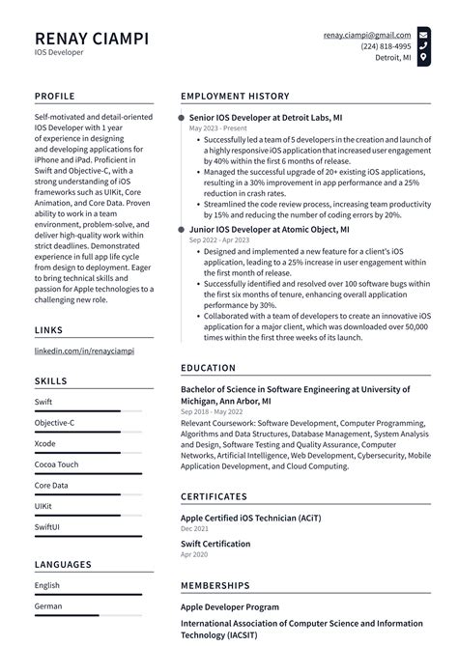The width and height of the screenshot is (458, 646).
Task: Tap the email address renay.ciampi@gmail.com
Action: pyautogui.click(x=367, y=35)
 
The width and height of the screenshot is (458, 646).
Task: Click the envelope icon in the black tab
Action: pyautogui.click(x=424, y=34)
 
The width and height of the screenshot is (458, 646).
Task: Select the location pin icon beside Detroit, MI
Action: pyautogui.click(x=424, y=58)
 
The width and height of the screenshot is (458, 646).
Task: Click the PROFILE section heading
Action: pyautogui.click(x=55, y=97)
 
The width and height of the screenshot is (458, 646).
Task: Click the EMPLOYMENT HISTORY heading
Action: pyautogui.click(x=235, y=97)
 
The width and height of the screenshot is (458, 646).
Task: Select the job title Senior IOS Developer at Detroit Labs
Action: pyautogui.click(x=266, y=117)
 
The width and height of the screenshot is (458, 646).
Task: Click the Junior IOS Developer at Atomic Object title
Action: pyautogui.click(x=270, y=230)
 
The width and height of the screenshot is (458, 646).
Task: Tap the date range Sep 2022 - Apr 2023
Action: pyautogui.click(x=216, y=240)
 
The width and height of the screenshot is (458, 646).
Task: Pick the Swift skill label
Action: pyautogui.click(x=43, y=402)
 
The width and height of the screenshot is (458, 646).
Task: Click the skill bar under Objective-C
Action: pyautogui.click(x=77, y=433)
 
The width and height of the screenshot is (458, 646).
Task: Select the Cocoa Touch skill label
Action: pyautogui.click(x=57, y=464)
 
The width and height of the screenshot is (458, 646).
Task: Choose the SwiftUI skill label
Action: pyautogui.click(x=47, y=528)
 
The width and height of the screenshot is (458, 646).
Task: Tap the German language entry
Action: pyautogui.click(x=48, y=606)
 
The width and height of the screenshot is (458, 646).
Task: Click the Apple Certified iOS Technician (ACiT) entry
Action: pyautogui.click(x=250, y=518)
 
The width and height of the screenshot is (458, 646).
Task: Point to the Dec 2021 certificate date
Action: pyautogui.click(x=194, y=529)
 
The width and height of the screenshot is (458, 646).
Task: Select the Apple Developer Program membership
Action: pyautogui.click(x=231, y=607)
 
